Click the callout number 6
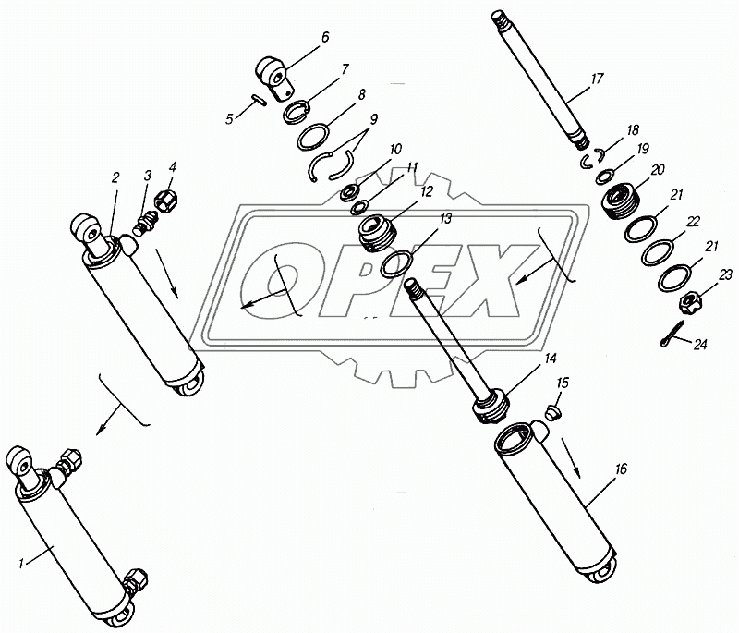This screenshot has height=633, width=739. pos(326,37)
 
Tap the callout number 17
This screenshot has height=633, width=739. pos(597,79)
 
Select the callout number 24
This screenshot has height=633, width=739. pos(700,345)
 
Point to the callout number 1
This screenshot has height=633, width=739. pos(20,564)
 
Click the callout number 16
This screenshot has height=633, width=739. pos(621,469)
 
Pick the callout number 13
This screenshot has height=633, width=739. pos(446,219)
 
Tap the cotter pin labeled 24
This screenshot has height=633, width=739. pos(672,335)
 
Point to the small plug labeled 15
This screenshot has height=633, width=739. pos(552,413)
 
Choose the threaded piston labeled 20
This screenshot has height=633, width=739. pos(619,201)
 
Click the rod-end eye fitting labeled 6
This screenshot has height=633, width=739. pos(274,78)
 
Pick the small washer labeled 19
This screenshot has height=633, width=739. pos(604,177)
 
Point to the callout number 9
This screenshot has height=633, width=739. pos(373,118)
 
